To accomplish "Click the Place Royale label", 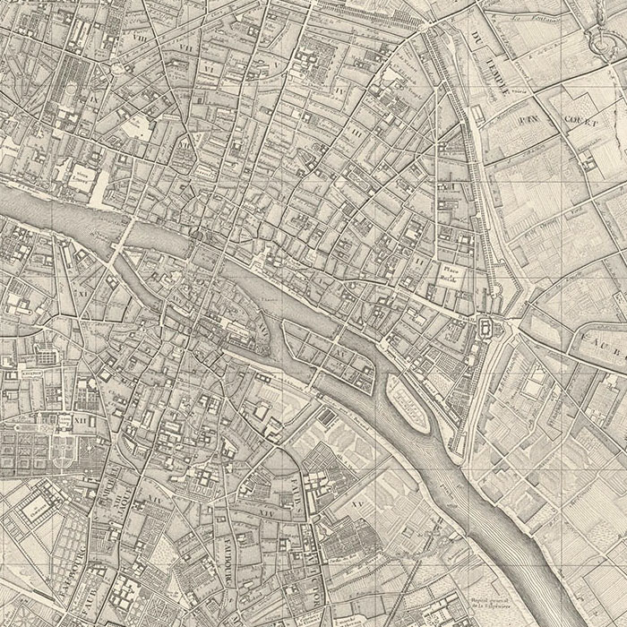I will [x=448, y=273].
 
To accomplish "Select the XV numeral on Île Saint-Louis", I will [x=342, y=355].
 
